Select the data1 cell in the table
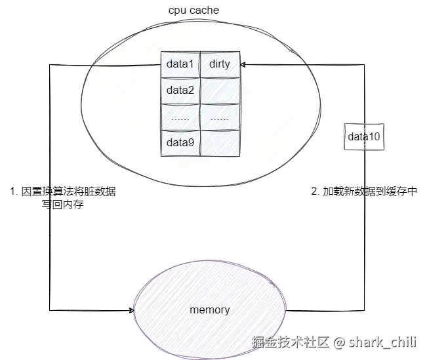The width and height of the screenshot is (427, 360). tap(180, 64)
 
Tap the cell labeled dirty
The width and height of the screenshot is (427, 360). tap(220, 64)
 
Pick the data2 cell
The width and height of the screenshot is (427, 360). tap(180, 90)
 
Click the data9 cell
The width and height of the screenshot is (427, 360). tap(180, 142)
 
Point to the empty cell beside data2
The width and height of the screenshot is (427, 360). tap(220, 90)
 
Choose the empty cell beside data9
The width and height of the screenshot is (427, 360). tap(220, 142)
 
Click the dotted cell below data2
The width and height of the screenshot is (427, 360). tap(180, 117)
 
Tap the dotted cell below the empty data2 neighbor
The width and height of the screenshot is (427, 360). tap(220, 117)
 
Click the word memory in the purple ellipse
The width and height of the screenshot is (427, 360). tap(209, 310)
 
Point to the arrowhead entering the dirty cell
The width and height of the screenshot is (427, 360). tap(243, 64)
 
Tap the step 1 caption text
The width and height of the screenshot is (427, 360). tap(64, 198)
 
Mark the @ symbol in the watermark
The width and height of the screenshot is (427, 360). tap(339, 342)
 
